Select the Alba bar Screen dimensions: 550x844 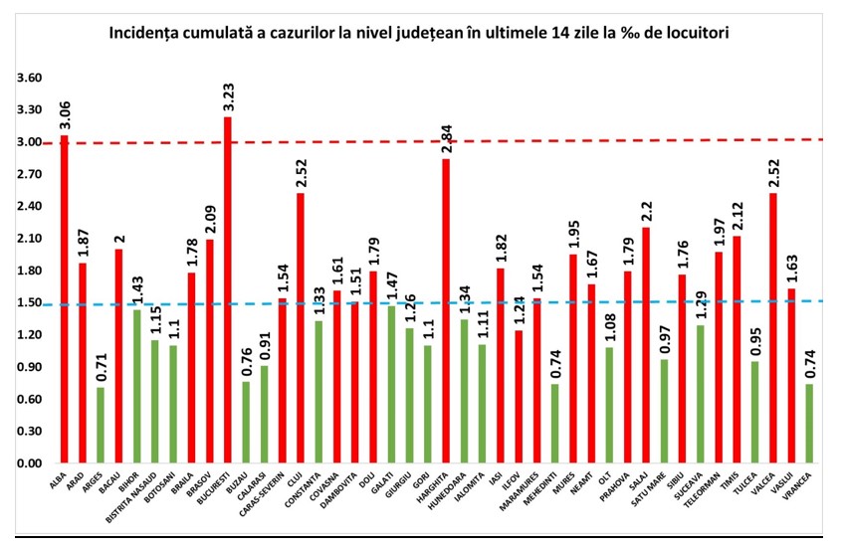[x=65, y=299]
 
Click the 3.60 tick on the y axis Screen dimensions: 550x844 [x=29, y=78]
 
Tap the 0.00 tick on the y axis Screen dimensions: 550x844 [x=29, y=463]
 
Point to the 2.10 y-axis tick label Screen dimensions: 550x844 [x=29, y=239]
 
